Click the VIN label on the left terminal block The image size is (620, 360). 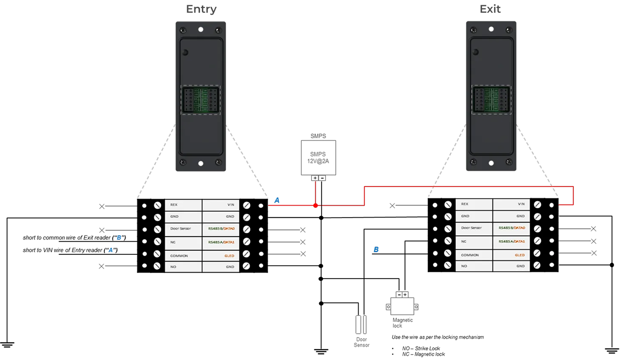point(230,205)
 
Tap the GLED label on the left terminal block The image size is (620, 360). point(229,256)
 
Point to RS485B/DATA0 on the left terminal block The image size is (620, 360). point(221,229)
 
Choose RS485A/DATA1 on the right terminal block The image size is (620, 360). point(512,241)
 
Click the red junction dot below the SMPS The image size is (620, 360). point(315,206)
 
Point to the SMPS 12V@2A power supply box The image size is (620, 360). point(318,158)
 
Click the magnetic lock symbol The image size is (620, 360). point(402,305)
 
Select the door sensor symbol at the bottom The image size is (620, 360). point(360,325)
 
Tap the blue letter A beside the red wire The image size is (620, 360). point(277,200)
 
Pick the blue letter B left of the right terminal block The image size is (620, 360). point(376,250)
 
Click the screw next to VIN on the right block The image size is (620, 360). point(538,204)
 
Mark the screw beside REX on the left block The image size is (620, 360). point(157,206)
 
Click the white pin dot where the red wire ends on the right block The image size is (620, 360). point(551,205)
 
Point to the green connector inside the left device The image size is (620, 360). point(200,100)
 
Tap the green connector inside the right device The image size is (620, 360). point(491,100)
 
